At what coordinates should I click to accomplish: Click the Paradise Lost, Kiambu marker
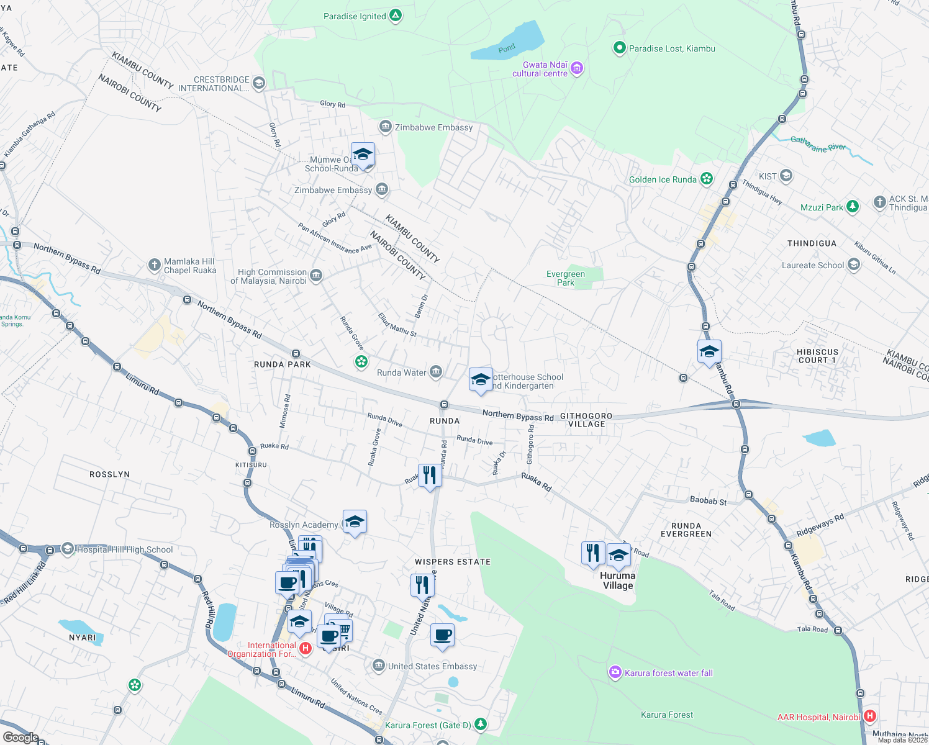(x=619, y=48)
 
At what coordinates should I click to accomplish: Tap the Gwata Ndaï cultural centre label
(x=540, y=69)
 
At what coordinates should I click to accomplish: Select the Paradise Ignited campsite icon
(x=396, y=16)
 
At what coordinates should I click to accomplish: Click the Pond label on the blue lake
(x=507, y=48)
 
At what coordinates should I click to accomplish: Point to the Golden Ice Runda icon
(x=706, y=179)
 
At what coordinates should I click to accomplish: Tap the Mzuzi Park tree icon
(x=853, y=207)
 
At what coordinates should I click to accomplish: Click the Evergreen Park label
(x=565, y=278)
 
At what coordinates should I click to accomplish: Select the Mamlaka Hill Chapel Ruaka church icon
(x=154, y=266)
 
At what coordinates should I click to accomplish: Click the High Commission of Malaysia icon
(x=316, y=276)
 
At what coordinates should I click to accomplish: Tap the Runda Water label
(x=402, y=372)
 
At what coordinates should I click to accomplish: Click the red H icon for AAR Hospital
(x=870, y=716)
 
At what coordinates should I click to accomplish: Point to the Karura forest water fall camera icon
(x=615, y=672)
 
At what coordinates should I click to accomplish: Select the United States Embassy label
(x=432, y=666)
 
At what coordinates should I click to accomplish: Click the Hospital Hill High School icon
(x=67, y=549)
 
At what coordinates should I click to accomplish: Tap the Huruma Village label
(x=617, y=580)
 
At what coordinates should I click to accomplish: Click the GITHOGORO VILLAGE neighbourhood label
(x=586, y=420)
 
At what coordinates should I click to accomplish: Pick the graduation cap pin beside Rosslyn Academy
(x=355, y=522)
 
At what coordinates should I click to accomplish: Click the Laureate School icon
(x=853, y=265)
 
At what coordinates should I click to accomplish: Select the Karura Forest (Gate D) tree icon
(x=480, y=724)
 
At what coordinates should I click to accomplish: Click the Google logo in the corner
(x=20, y=737)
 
